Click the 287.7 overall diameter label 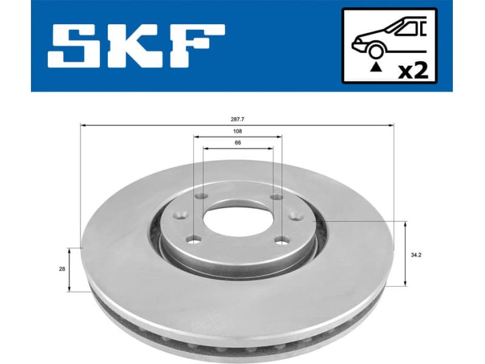tap(237, 120)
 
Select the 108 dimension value tap(237, 130)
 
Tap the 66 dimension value tap(238, 143)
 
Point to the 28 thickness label tap(61, 269)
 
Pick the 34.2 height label tap(416, 255)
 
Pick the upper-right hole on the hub tap(276, 197)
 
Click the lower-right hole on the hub tap(281, 240)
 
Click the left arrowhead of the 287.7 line tap(83, 126)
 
